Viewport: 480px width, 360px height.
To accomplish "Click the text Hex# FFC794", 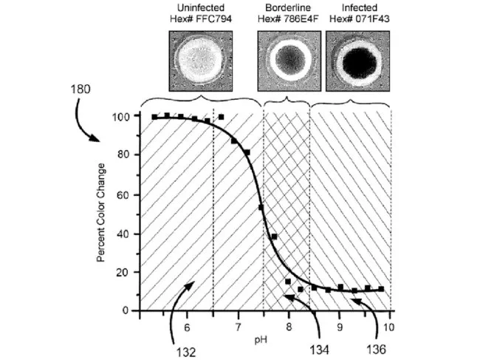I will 196,18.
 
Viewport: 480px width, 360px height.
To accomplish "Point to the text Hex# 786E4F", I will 289,18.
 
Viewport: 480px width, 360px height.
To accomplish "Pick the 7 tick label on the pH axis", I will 238,326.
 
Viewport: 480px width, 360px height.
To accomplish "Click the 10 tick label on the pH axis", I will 389,326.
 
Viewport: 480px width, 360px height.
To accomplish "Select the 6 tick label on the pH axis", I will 187,326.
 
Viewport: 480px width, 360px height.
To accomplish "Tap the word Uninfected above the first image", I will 196,7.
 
